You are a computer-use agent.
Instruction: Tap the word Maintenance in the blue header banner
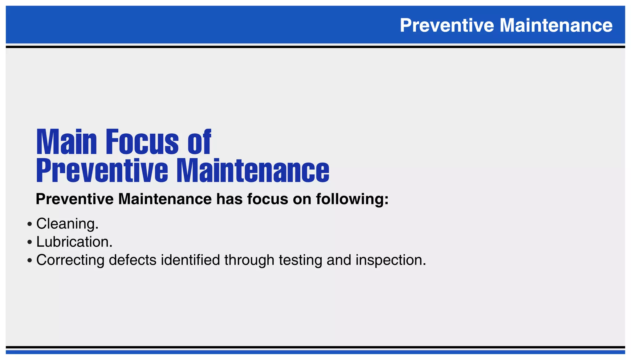[556, 25]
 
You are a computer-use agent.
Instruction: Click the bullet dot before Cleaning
[30, 224]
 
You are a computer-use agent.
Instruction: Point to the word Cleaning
[67, 224]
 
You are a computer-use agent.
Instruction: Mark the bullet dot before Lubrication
[30, 242]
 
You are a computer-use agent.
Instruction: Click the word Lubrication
[74, 242]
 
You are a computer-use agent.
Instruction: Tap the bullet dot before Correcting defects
[30, 261]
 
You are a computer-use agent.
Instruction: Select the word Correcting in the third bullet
[70, 260]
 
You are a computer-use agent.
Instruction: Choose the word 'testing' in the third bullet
[300, 260]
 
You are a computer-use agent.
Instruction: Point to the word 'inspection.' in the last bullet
[391, 260]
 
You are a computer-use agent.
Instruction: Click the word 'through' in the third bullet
[249, 260]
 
